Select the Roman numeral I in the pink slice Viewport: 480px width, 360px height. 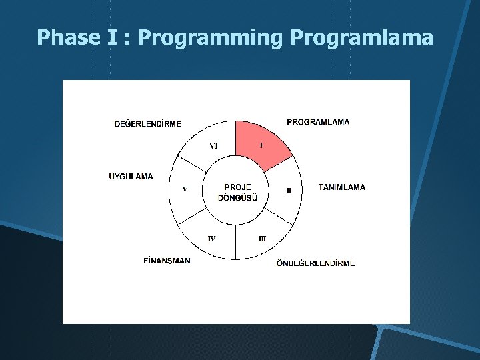[261, 145]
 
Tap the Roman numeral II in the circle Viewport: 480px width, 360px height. [289, 190]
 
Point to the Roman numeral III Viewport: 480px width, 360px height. [262, 239]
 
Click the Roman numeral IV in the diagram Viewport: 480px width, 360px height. [211, 239]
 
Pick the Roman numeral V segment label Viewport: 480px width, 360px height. [185, 189]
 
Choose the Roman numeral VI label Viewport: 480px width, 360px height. [213, 146]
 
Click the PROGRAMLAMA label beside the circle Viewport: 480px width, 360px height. [318, 122]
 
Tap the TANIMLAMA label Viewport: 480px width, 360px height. [342, 187]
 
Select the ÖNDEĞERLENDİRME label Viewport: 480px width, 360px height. [316, 263]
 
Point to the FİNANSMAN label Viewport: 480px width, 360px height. [167, 261]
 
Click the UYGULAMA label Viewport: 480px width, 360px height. [131, 177]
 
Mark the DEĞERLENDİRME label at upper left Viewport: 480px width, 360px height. [148, 123]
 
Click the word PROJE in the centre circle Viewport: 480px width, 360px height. [238, 187]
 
